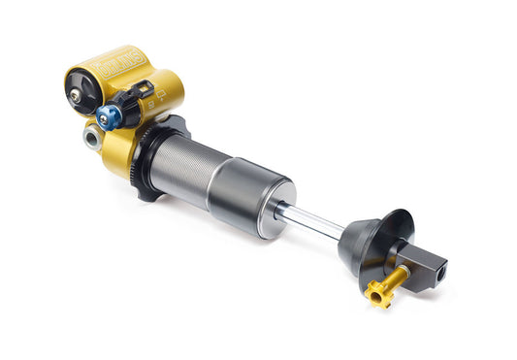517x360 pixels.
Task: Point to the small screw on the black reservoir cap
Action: (x=74, y=94)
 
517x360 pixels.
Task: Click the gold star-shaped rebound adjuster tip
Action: (x=375, y=292)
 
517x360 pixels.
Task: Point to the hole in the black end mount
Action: (x=439, y=275)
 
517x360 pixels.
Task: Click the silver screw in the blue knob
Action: (x=108, y=118)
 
